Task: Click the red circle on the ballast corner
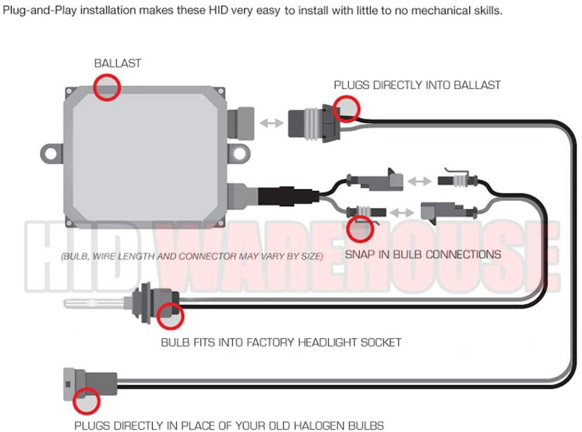point(106,88)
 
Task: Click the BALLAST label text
point(117,63)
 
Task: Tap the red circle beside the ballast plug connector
point(347,108)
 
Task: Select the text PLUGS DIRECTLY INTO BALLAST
point(417,85)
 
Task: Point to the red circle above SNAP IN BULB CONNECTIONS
point(360,229)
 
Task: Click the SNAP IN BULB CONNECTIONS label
point(422,255)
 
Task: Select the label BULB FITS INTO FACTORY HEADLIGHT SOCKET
point(281,342)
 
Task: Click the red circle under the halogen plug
point(87,401)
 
